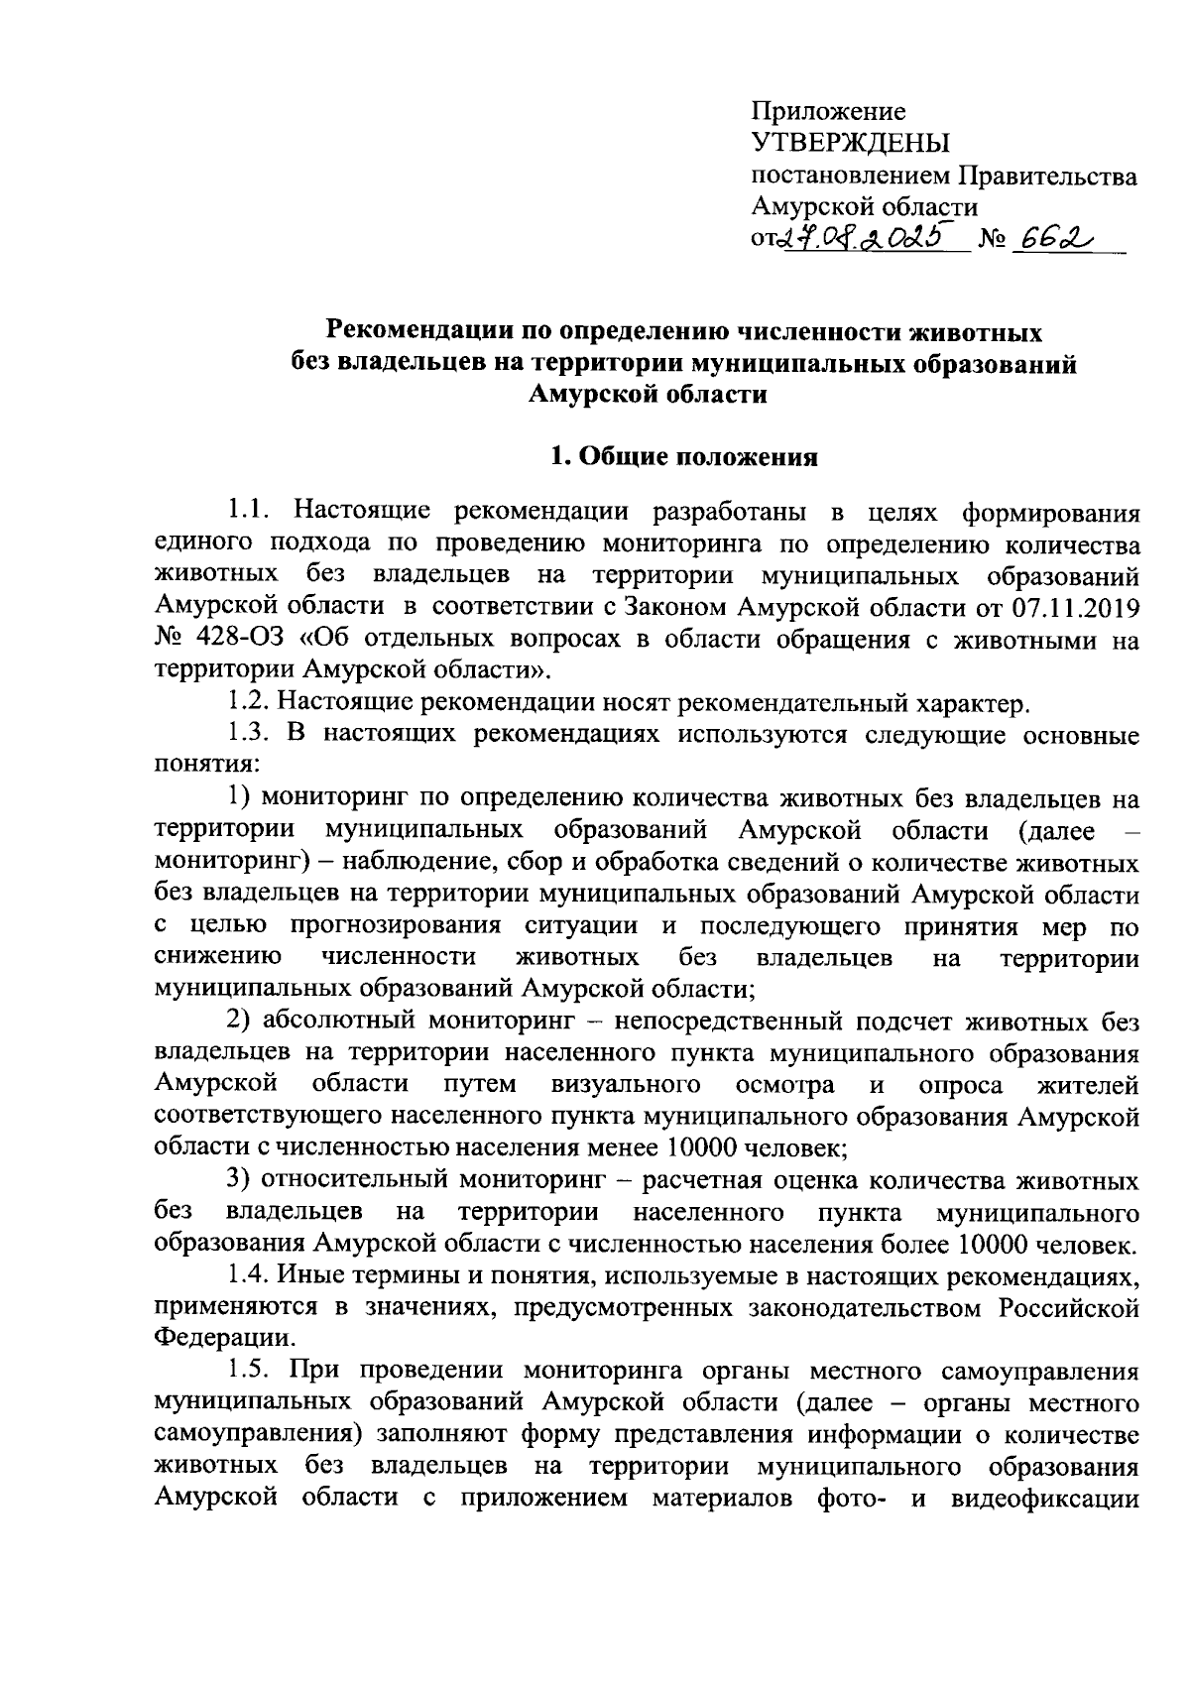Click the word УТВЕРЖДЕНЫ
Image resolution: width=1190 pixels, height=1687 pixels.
click(849, 143)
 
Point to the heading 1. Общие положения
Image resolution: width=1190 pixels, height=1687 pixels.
click(683, 457)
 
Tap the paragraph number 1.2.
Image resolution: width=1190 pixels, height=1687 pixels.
click(248, 703)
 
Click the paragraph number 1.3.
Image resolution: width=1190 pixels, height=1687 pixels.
click(248, 735)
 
